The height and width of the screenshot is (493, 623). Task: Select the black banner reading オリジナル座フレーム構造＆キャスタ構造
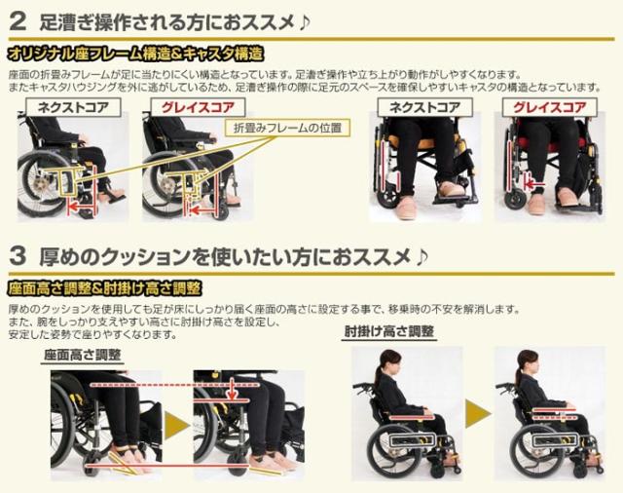pyautogui.click(x=136, y=54)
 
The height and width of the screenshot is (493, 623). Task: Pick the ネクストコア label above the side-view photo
pyautogui.click(x=68, y=106)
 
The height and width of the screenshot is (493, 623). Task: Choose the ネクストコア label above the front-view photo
pyautogui.click(x=424, y=106)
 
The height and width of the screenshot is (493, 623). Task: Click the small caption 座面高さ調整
pyautogui.click(x=83, y=355)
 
